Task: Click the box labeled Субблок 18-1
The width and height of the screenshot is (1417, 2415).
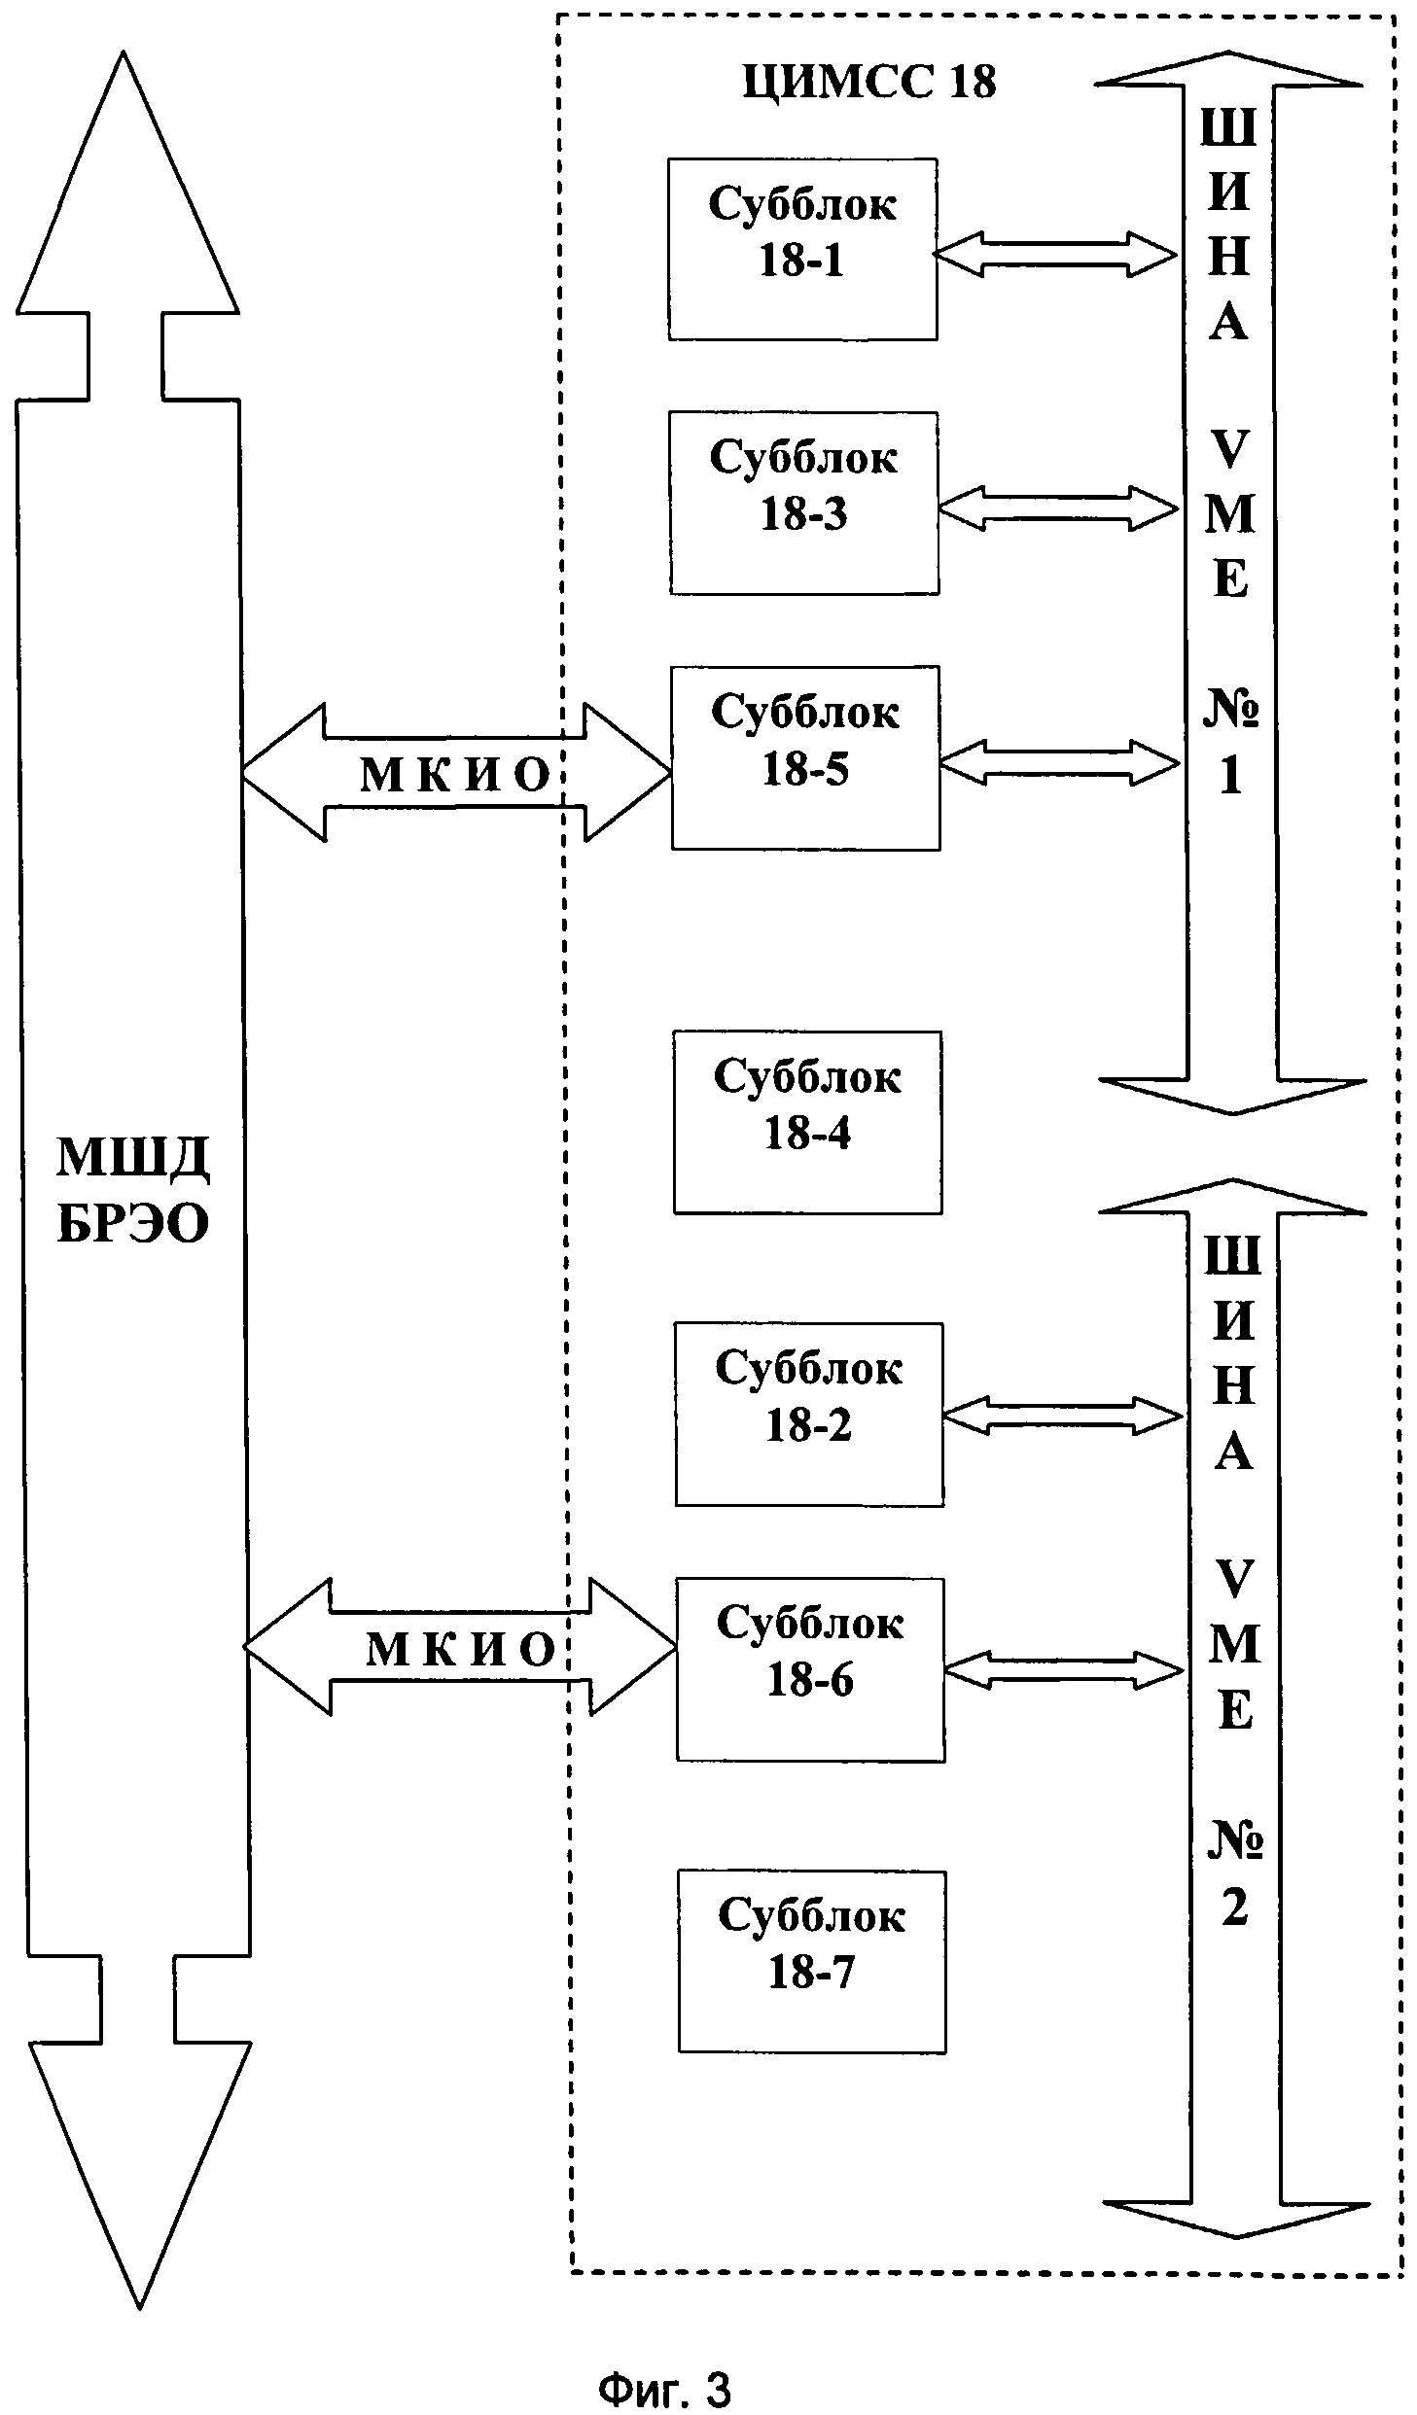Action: click(802, 249)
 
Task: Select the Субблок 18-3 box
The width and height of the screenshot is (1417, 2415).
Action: click(804, 503)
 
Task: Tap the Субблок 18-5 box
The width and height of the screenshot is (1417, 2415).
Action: click(805, 757)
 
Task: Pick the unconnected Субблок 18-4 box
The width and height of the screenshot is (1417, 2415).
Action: click(807, 1122)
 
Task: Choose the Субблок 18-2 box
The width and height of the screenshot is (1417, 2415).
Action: click(809, 1414)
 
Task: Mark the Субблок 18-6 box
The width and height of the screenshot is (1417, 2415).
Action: click(810, 1669)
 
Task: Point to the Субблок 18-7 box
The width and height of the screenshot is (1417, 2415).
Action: click(812, 1962)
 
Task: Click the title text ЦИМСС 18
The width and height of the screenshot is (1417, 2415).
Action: click(869, 82)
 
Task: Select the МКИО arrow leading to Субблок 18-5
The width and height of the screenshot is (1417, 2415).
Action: click(456, 773)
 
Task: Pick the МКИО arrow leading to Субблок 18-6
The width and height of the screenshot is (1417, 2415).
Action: click(460, 1646)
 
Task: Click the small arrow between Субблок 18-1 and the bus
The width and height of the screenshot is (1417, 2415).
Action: click(1055, 255)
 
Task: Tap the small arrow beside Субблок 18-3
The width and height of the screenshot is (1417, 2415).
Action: click(1058, 508)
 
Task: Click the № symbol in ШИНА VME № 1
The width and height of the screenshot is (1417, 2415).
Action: click(1230, 711)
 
